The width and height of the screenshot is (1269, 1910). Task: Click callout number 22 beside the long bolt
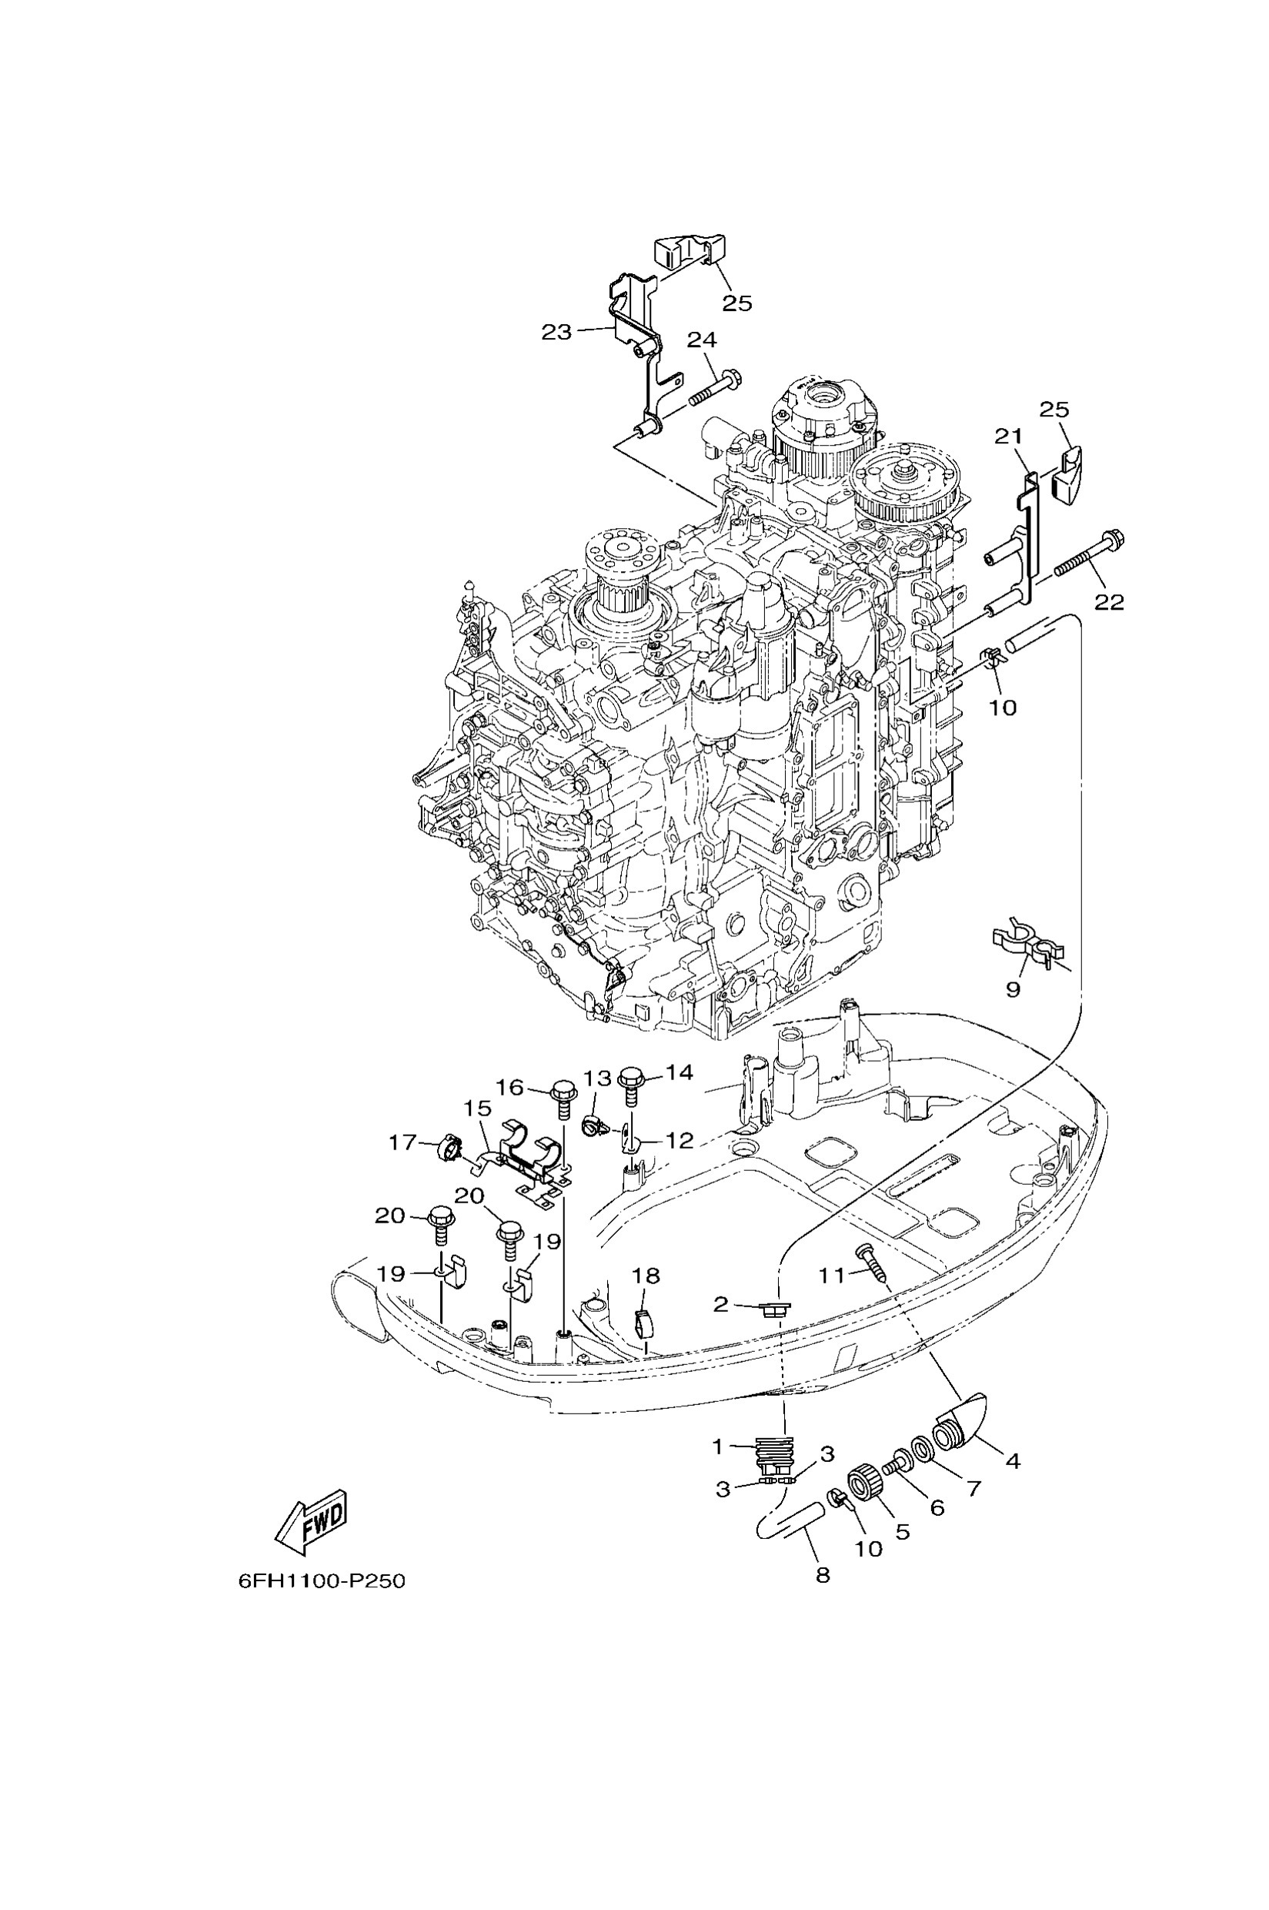coord(1110,601)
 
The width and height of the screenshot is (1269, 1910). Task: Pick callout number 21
coord(1008,437)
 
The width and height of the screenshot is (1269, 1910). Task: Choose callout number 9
coord(1013,989)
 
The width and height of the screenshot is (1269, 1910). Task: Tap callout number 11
coord(831,1275)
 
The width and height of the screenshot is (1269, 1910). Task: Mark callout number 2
coord(721,1303)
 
